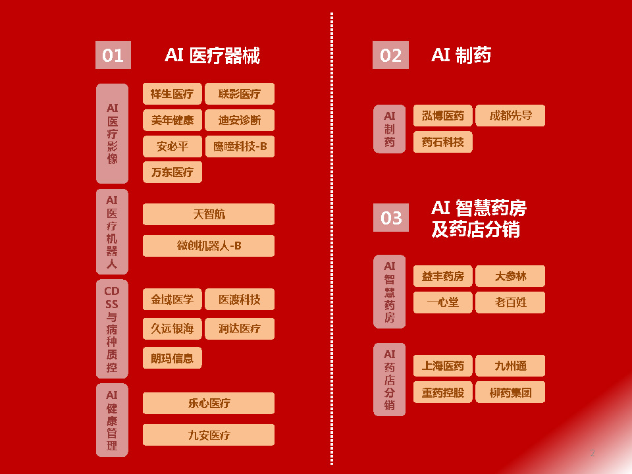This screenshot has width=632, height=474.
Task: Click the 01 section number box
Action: pos(113,55)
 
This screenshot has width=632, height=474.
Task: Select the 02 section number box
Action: pos(390,55)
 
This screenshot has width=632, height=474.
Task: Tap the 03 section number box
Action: pos(390,217)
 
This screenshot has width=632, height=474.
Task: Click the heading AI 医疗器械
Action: pos(212,55)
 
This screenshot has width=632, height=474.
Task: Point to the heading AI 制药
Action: pos(461,55)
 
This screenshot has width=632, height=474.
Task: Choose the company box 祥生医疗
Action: pos(172,94)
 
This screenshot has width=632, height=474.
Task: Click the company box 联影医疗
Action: pos(240,94)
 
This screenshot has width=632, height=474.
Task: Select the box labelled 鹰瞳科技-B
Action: pos(240,146)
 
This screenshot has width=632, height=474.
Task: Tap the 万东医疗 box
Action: pos(172,172)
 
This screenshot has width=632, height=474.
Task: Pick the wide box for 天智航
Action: pos(209,214)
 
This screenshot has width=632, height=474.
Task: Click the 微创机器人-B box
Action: pos(209,246)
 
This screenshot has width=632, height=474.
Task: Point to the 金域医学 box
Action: pos(172,300)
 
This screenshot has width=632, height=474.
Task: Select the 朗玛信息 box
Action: pos(172,358)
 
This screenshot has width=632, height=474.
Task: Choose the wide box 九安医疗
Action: pos(209,435)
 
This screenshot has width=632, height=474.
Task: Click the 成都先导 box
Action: pos(510,116)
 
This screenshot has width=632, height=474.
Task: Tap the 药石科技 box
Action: pos(443,142)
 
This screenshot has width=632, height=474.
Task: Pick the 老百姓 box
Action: pos(510,302)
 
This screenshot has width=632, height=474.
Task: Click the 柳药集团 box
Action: pos(510,393)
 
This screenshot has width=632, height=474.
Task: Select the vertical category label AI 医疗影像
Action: pos(113,134)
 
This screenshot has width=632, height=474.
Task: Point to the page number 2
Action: pos(592,453)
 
